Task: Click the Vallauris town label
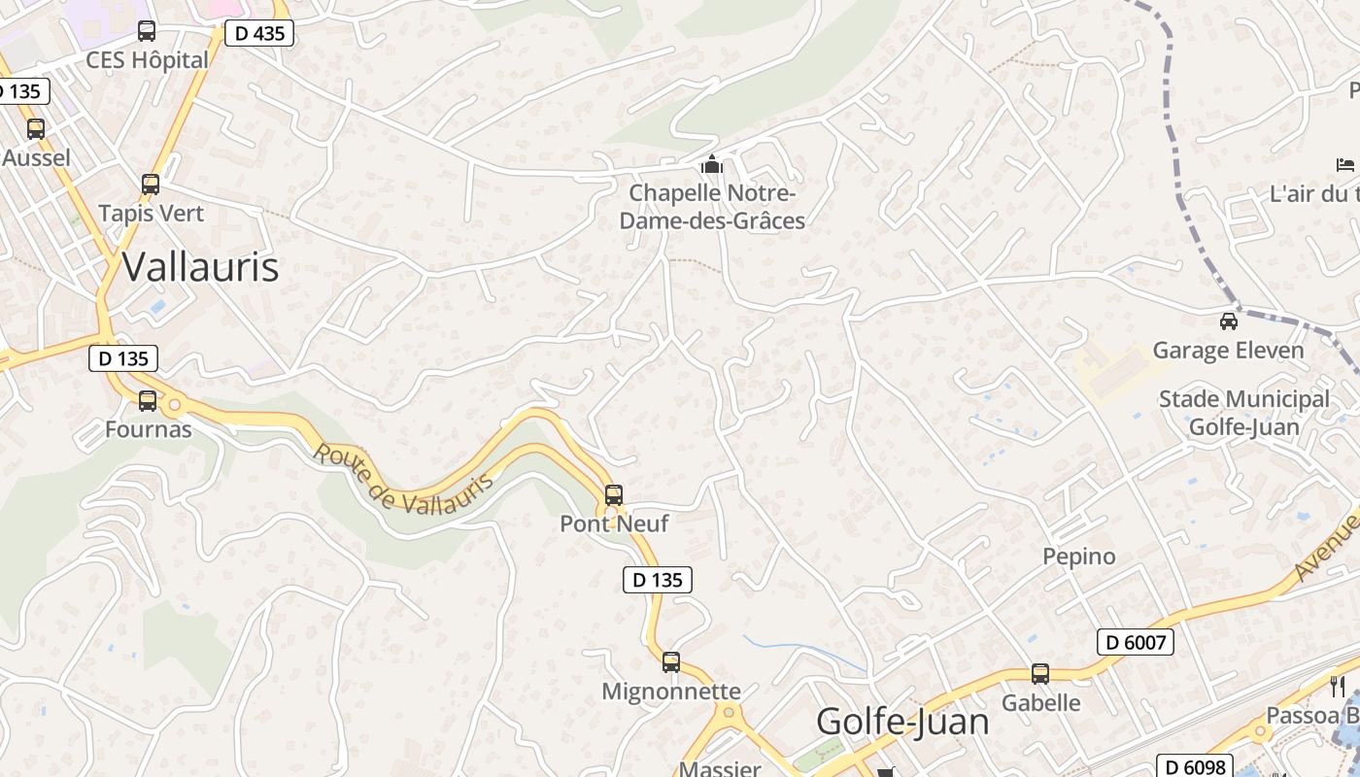pos(201,267)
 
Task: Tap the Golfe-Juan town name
pos(902,722)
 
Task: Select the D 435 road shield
pos(258,34)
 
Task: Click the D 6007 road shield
pos(1136,642)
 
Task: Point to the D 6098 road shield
pos(1194,766)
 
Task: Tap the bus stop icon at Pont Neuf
pos(614,495)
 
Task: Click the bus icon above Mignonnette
pos(671,662)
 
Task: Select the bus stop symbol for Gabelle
pos(1040,674)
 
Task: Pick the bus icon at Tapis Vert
pos(151,185)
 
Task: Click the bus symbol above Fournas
pos(148,400)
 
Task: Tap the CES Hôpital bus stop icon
pos(147,31)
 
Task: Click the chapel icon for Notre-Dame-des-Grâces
pos(712,165)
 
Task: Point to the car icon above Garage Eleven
pos(1229,321)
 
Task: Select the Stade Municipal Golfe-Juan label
pos(1244,413)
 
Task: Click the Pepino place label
pos(1079,557)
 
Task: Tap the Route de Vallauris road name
pos(403,479)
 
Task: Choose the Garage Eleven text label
pos(1228,351)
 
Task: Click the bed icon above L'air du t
pos(1345,165)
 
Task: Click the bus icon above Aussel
pos(36,128)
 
